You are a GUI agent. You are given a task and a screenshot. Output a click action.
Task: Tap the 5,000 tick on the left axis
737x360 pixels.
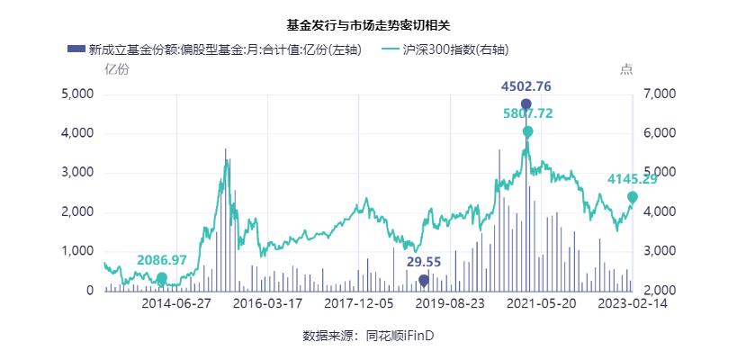pos(76,94)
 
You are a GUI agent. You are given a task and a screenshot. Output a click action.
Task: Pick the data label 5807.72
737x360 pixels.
pos(527,114)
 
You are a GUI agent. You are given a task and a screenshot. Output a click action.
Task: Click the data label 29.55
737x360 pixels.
pos(424,262)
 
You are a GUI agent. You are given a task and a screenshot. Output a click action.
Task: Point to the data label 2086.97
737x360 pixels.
pos(162,260)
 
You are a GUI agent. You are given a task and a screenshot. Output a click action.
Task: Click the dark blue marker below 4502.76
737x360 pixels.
pos(526,104)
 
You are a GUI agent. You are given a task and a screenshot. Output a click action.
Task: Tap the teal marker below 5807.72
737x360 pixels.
pos(527,131)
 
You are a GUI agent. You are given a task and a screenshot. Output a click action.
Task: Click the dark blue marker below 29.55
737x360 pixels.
pos(424,280)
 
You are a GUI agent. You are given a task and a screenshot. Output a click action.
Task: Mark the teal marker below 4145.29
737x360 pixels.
pos(633,197)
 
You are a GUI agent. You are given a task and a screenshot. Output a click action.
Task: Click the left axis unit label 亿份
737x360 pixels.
pos(116,69)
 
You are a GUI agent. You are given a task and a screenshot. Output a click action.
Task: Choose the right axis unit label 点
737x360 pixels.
pos(626,69)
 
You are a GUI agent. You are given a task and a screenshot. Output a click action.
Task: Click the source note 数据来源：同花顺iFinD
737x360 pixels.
pos(368,336)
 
